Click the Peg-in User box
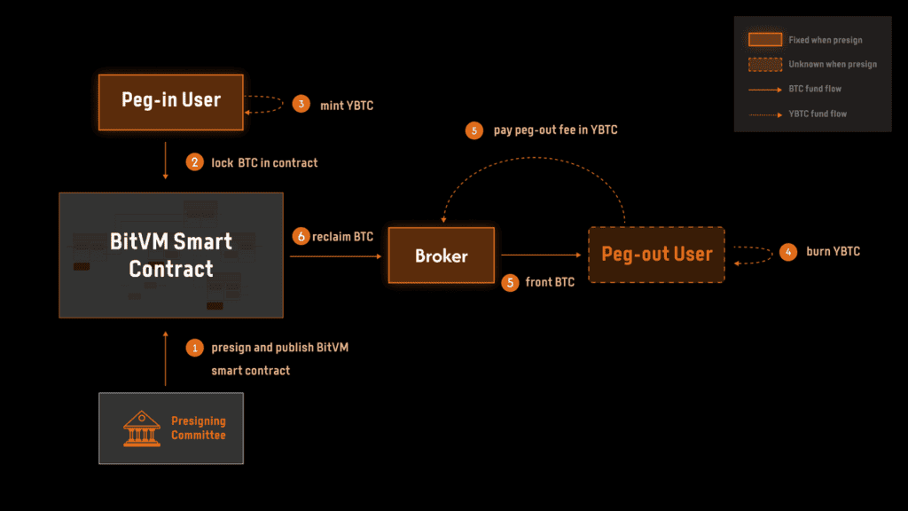click(x=170, y=99)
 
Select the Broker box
click(x=442, y=255)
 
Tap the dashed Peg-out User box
click(x=656, y=255)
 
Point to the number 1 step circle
click(x=193, y=348)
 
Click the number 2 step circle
click(x=193, y=162)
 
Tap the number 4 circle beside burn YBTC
click(x=787, y=252)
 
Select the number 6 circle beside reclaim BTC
click(x=301, y=237)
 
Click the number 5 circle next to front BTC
click(x=510, y=283)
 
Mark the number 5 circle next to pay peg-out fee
click(x=474, y=130)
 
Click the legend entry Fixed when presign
click(x=812, y=40)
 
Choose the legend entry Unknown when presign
click(x=812, y=64)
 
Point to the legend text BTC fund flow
click(x=815, y=89)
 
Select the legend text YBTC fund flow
click(x=817, y=114)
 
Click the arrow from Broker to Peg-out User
click(x=541, y=255)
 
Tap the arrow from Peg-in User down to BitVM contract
click(x=166, y=163)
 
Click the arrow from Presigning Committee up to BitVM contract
click(x=166, y=358)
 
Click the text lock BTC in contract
click(x=264, y=162)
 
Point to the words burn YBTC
click(x=833, y=252)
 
